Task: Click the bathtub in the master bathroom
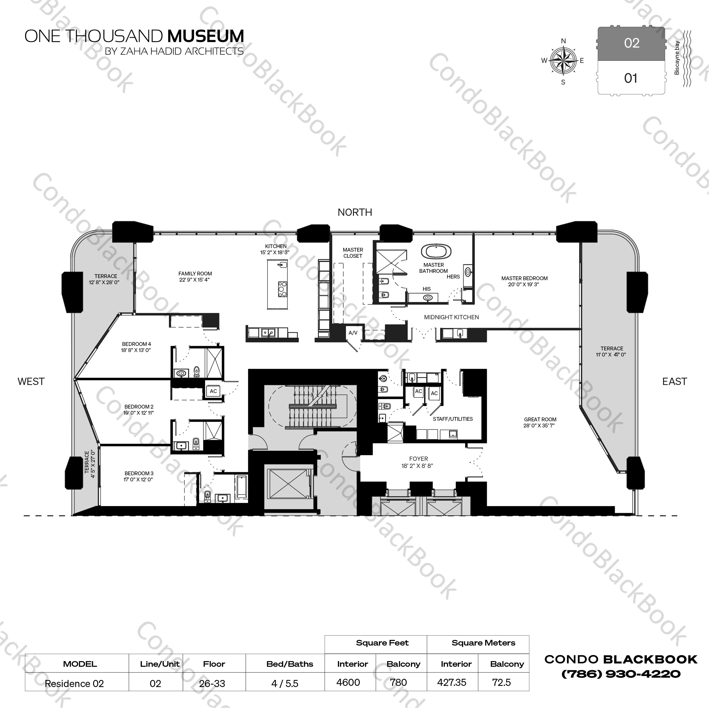[436, 252]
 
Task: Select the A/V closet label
[353, 333]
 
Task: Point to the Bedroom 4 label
[136, 344]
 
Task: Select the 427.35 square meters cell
[451, 682]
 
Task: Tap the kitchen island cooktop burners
[282, 289]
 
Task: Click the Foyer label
[418, 459]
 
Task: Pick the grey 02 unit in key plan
[631, 43]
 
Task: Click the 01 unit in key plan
[631, 78]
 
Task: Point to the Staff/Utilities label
[452, 419]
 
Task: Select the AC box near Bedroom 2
[213, 391]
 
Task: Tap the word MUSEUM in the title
[205, 36]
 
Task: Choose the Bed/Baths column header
[290, 664]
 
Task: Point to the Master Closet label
[353, 253]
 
